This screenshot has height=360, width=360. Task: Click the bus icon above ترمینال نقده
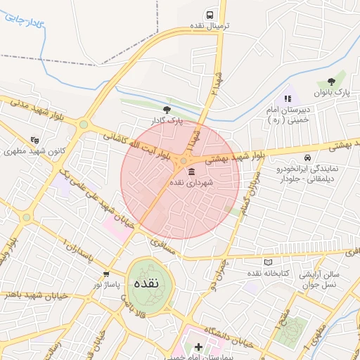pyautogui.click(x=210, y=15)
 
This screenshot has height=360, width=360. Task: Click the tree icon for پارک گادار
pyautogui.click(x=167, y=109)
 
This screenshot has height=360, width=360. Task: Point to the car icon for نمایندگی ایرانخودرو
pyautogui.click(x=307, y=157)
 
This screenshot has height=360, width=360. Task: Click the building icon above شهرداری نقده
pyautogui.click(x=192, y=172)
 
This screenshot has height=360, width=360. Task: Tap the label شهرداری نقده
pyautogui.click(x=192, y=182)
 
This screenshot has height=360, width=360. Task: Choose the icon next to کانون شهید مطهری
pyautogui.click(x=35, y=141)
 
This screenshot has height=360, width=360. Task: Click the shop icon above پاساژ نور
pyautogui.click(x=106, y=274)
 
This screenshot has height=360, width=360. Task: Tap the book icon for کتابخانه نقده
pyautogui.click(x=268, y=262)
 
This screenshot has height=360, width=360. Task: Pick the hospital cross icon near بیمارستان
pyautogui.click(x=198, y=347)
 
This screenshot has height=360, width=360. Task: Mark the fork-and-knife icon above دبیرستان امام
pyautogui.click(x=287, y=98)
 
